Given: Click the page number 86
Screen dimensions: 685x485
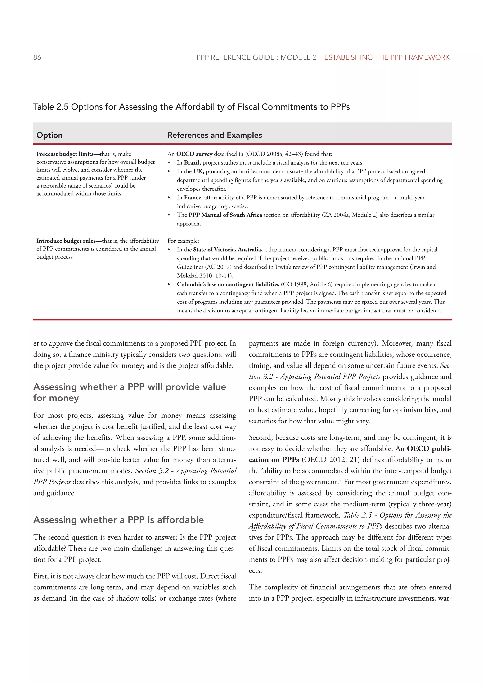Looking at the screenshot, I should tap(37, 57).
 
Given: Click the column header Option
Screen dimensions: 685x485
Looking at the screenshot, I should tap(49, 135).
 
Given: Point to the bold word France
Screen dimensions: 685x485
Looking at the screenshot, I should tap(193, 198).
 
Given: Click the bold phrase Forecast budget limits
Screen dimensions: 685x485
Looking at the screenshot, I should tap(65, 154).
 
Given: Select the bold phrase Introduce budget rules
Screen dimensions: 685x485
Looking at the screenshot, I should tap(66, 241).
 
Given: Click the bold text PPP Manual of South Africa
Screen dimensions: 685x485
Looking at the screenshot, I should tap(225, 215).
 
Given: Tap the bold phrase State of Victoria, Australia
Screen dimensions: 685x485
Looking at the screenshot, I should tap(228, 250).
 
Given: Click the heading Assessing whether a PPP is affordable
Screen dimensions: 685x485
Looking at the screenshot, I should tap(119, 520).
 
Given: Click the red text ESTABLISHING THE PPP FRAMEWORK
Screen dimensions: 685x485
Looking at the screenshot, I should tap(387, 57).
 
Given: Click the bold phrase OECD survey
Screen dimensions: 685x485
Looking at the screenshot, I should tap(194, 154).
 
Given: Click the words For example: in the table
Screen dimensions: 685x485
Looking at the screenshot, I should tap(183, 241).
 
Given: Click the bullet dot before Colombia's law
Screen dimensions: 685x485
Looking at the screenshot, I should tap(169, 285).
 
